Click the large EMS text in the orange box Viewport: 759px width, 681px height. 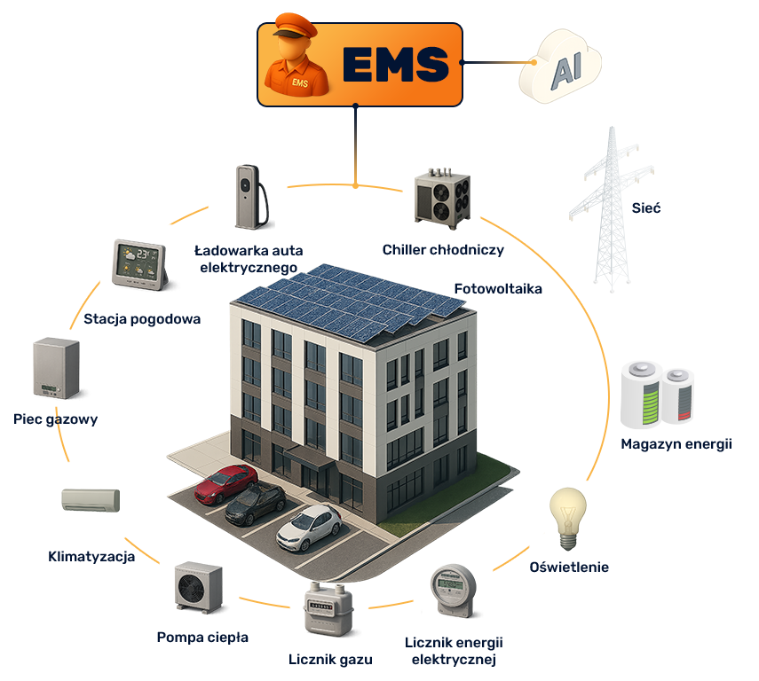(x=395, y=64)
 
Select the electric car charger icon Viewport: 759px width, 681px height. (x=251, y=197)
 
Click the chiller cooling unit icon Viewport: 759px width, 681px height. (x=442, y=199)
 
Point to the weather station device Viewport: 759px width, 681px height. (x=140, y=264)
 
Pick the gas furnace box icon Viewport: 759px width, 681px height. (x=56, y=368)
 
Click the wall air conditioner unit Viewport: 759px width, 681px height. (x=91, y=500)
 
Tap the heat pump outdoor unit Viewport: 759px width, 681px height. (x=199, y=587)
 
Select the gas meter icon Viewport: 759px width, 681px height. (x=328, y=609)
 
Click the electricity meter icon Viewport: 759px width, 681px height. (x=453, y=591)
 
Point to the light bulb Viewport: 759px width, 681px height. (x=568, y=519)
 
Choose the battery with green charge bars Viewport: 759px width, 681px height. (x=641, y=395)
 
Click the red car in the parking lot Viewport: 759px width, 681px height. (x=226, y=483)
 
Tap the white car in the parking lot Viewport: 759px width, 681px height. (x=309, y=528)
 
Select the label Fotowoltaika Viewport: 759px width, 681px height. (x=498, y=289)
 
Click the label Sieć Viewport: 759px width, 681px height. (x=645, y=208)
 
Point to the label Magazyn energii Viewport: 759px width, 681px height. (x=676, y=444)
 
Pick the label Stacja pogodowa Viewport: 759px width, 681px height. (x=142, y=319)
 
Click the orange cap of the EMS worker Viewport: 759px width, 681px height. (x=295, y=25)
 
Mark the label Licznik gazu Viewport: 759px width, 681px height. (x=330, y=659)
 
